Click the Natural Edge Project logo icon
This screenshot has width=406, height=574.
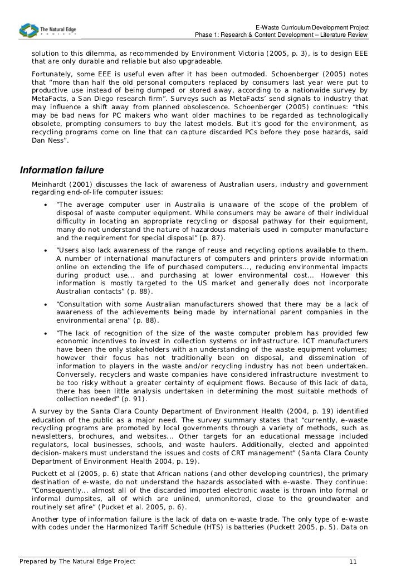point(27,30)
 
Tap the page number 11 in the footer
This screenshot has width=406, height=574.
point(352,562)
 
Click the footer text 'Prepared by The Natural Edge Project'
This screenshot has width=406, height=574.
point(77,561)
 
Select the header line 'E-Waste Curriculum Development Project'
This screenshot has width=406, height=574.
point(312,28)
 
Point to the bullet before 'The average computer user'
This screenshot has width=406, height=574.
point(45,205)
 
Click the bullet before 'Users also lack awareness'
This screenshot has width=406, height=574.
point(45,250)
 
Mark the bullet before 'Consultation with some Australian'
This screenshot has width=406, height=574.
point(45,304)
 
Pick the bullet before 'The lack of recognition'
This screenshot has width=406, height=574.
point(45,332)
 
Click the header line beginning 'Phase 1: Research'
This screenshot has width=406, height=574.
point(281,37)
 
